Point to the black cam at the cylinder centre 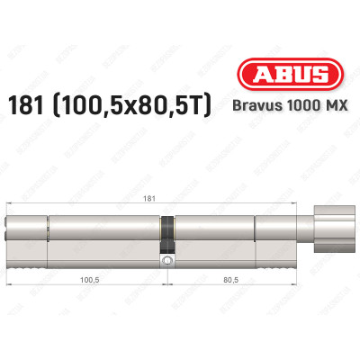coord(166,233)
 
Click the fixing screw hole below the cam coord(167,262)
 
